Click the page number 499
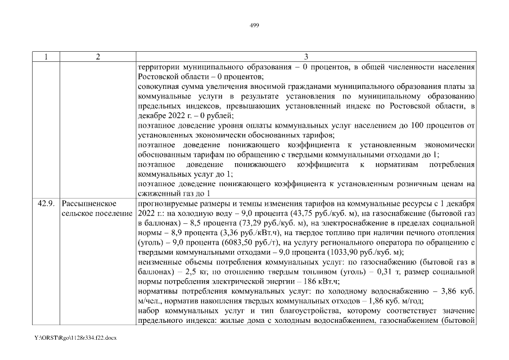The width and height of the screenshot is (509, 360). (x=254, y=25)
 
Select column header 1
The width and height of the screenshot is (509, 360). (x=46, y=57)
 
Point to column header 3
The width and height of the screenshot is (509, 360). (x=306, y=57)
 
